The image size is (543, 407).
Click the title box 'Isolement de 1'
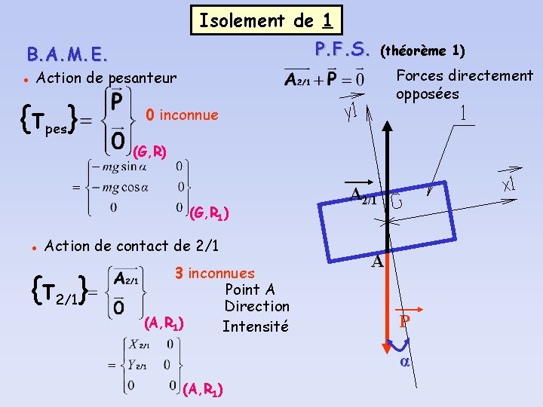point(266,20)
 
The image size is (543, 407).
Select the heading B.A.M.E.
point(67,54)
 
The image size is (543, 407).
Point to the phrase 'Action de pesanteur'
point(106,78)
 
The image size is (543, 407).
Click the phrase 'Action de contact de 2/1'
point(132,245)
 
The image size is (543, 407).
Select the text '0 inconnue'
point(182,115)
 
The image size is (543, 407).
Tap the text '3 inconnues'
point(214,273)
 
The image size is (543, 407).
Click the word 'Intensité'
point(255,326)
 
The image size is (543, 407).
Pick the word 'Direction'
point(256,306)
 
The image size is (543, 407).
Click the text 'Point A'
point(250,289)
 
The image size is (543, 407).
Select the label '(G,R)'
point(149,152)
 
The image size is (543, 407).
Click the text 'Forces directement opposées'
point(464,84)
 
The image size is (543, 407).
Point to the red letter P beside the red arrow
point(405,321)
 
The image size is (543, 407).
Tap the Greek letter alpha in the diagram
point(404,362)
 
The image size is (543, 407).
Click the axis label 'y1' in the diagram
point(349,111)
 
